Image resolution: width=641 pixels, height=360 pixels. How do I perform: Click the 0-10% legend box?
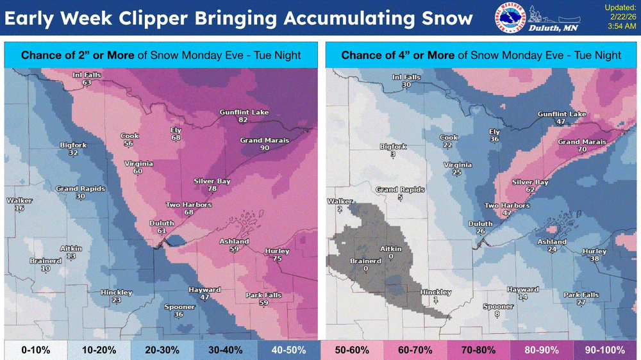click(33, 350)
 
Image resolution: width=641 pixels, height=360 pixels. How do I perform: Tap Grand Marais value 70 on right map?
click(582, 149)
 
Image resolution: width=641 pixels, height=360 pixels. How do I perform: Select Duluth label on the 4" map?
click(480, 224)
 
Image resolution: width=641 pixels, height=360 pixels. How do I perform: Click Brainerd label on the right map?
click(365, 261)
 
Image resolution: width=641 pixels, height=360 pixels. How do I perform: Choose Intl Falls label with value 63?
click(86, 76)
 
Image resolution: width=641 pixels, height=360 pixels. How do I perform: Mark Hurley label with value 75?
click(276, 251)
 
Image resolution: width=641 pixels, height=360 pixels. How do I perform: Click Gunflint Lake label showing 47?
click(562, 114)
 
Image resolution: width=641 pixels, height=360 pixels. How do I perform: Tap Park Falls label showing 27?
click(581, 295)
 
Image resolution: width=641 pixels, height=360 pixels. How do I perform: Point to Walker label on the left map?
click(19, 201)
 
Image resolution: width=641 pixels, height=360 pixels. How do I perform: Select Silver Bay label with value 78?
click(212, 181)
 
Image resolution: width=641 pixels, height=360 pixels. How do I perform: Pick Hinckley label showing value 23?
click(116, 293)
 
